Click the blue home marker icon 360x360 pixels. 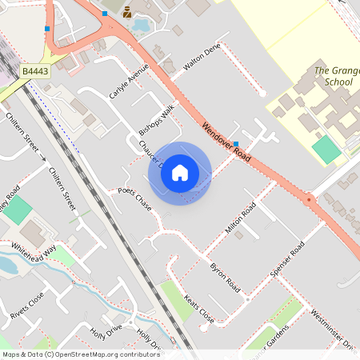click(x=180, y=173)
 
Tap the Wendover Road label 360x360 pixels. click(x=227, y=144)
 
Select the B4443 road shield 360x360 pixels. click(x=35, y=72)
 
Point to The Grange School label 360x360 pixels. click(x=334, y=76)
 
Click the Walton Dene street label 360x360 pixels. click(x=201, y=58)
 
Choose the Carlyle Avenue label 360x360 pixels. click(x=129, y=80)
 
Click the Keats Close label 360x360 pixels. click(x=198, y=310)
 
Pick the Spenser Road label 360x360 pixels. click(x=288, y=258)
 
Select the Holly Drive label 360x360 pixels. click(x=106, y=330)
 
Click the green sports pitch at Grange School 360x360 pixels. click(x=326, y=149)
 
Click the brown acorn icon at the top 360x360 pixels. click(x=127, y=12)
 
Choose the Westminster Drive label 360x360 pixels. click(x=332, y=327)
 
